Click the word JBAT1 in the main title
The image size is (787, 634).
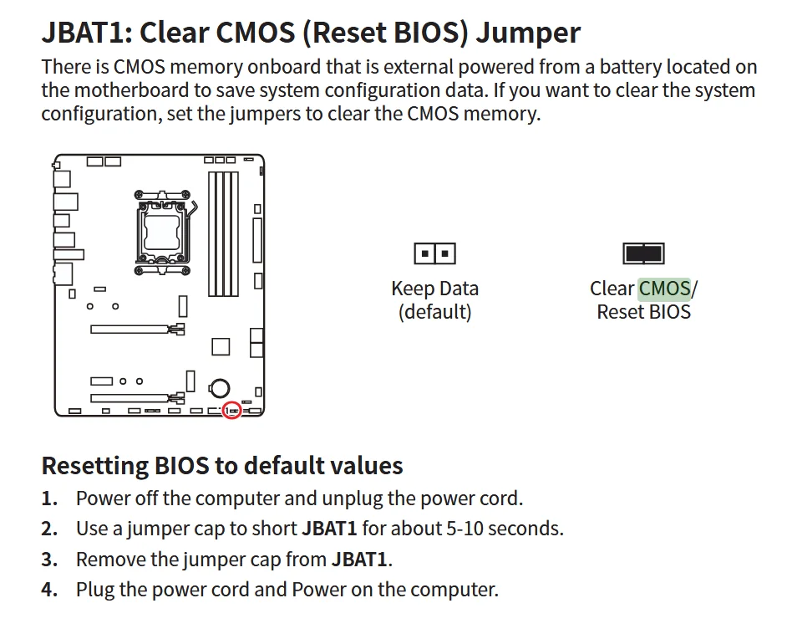86,33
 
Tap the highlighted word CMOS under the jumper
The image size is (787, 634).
664,289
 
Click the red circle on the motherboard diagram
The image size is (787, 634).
232,411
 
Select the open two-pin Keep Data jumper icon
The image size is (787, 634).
434,253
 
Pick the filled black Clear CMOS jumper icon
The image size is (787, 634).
643,253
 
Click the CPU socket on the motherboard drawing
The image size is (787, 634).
162,233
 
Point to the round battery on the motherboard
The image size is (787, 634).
220,388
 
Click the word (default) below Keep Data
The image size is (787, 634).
434,312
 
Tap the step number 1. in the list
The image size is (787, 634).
49,499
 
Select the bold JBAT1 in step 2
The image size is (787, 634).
329,529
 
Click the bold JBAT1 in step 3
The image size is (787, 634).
359,560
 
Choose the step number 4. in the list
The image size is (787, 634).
49,590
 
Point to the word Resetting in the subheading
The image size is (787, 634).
95,466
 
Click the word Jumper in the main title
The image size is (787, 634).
528,33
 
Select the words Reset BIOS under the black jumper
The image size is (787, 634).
643,312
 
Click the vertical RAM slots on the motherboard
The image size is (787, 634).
223,234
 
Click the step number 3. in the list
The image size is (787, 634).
49,560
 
